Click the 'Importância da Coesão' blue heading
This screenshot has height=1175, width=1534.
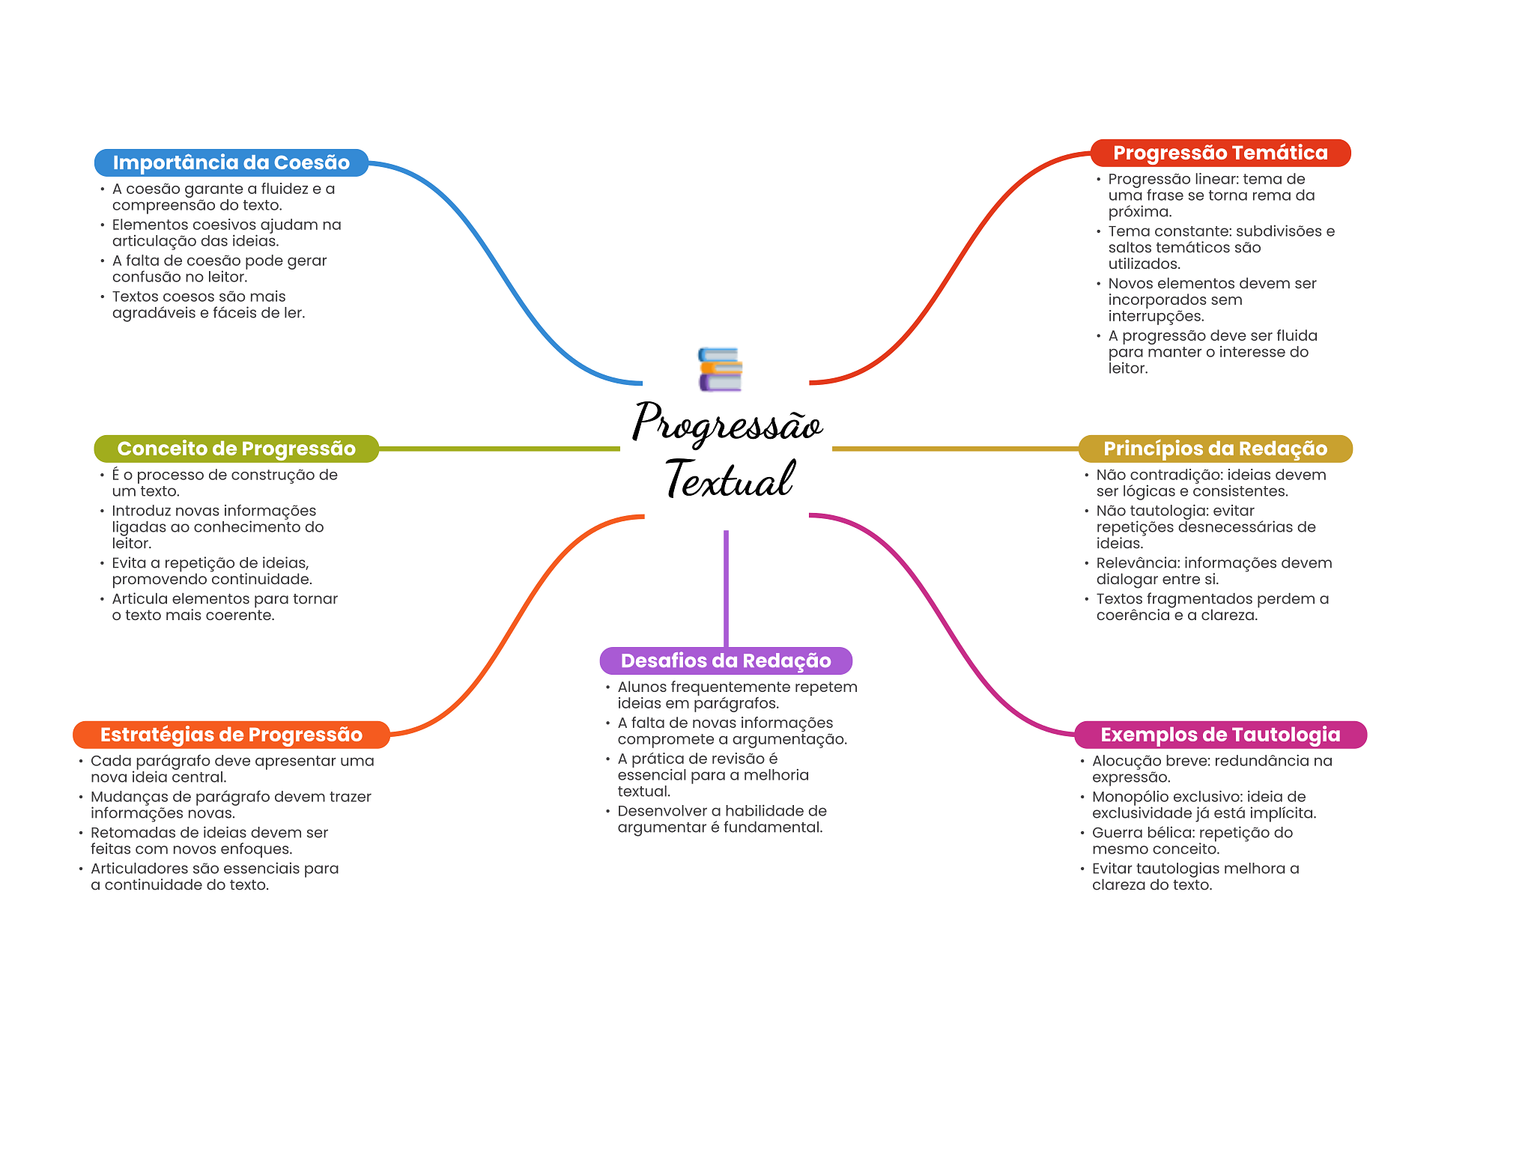point(231,163)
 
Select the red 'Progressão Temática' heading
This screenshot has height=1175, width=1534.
point(1220,153)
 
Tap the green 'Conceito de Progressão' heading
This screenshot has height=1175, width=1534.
point(236,449)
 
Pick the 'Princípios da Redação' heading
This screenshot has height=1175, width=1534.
point(1215,449)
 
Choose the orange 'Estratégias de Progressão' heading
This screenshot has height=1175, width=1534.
point(231,735)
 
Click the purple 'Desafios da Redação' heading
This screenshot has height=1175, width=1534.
point(726,661)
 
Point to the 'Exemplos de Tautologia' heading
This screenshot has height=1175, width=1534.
point(1220,735)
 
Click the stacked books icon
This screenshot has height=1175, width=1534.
point(720,369)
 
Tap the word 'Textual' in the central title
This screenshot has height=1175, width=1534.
point(729,479)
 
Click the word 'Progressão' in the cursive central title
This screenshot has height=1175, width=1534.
point(727,422)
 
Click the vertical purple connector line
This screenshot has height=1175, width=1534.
point(726,589)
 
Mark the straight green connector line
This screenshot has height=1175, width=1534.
point(500,449)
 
